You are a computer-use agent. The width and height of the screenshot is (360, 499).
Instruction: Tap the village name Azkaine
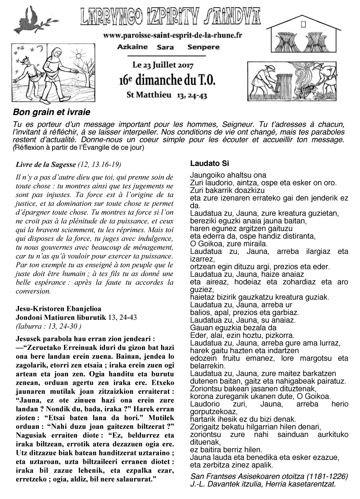(132, 47)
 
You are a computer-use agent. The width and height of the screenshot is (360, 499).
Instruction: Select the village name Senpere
(203, 47)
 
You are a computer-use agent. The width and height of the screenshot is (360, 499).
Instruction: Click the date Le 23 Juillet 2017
(163, 66)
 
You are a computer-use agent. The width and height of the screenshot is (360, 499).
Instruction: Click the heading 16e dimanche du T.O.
(167, 80)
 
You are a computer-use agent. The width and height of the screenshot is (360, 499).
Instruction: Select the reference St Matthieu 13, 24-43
(167, 95)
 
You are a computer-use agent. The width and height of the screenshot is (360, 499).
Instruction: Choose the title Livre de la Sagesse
(45, 164)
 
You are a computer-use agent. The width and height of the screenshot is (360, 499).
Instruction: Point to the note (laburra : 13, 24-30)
(48, 326)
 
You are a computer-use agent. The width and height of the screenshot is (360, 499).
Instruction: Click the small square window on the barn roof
(303, 25)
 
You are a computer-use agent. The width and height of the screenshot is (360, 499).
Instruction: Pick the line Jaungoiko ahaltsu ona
(222, 175)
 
